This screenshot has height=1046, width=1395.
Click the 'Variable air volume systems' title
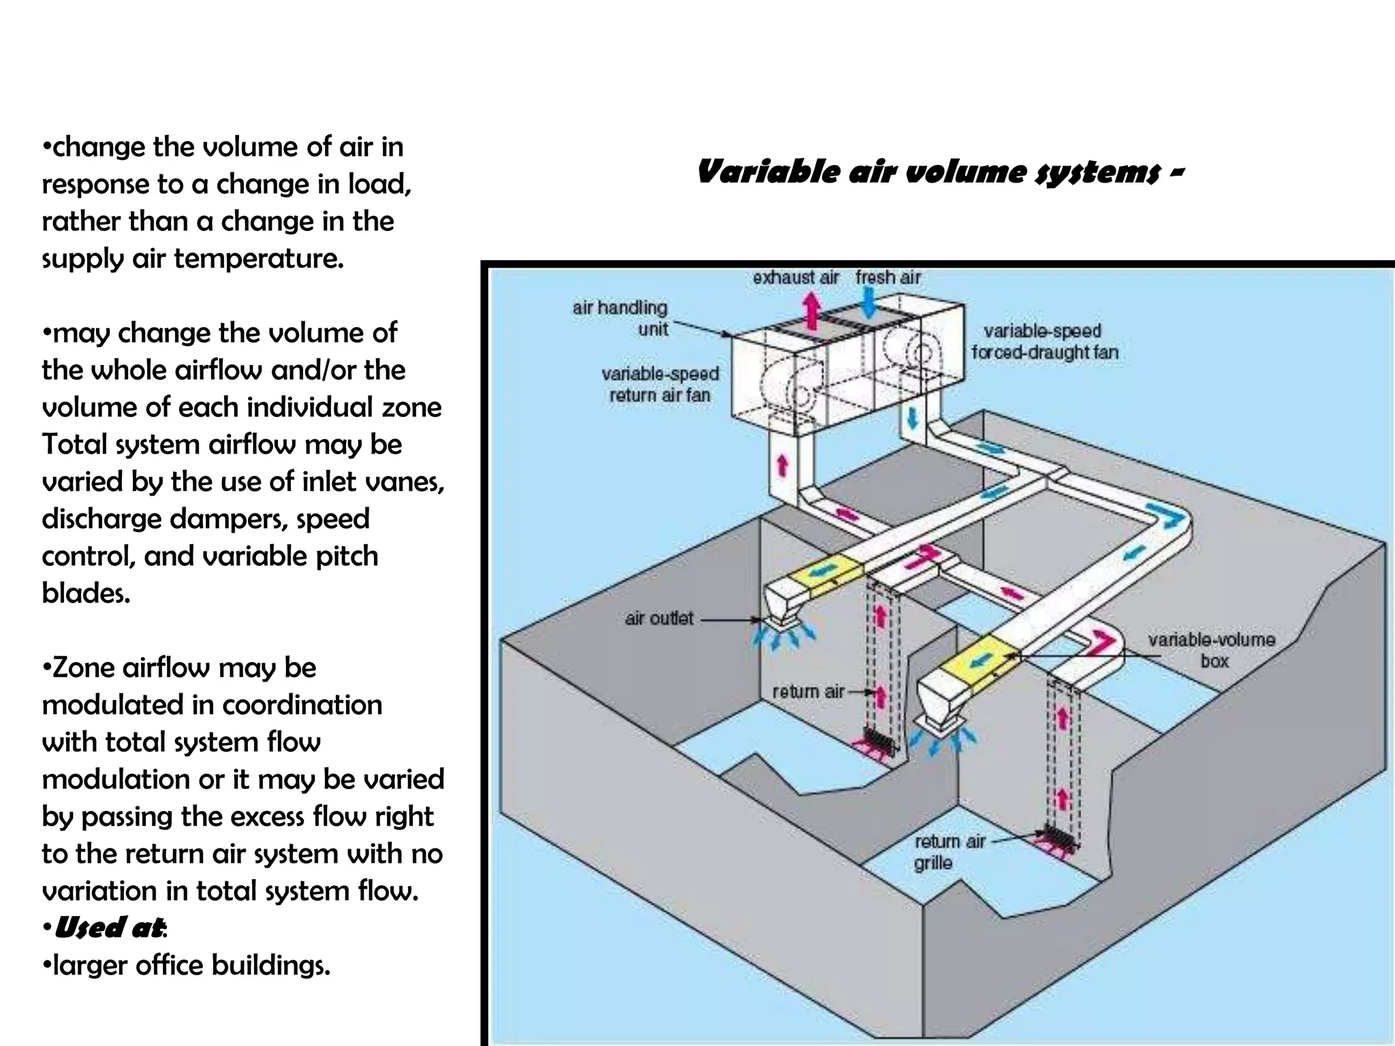(x=940, y=172)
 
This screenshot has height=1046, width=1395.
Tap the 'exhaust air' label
(x=796, y=278)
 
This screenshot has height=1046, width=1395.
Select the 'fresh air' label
(x=888, y=278)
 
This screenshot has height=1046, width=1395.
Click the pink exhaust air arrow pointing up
(x=811, y=310)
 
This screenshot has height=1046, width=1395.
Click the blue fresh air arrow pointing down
(x=868, y=302)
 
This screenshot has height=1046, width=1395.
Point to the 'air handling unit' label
(x=621, y=318)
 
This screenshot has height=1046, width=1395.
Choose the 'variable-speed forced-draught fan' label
(x=1044, y=342)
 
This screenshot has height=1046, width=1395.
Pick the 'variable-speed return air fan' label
(x=659, y=384)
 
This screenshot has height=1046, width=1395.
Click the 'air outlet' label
(x=659, y=618)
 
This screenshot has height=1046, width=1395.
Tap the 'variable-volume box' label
(x=1211, y=650)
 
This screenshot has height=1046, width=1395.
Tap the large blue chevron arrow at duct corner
(x=1167, y=516)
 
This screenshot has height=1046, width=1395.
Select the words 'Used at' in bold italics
(x=109, y=928)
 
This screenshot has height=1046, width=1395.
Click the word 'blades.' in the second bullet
(x=86, y=593)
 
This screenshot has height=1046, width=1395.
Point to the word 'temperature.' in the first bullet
(x=259, y=259)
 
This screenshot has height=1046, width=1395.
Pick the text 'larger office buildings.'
(x=191, y=965)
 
